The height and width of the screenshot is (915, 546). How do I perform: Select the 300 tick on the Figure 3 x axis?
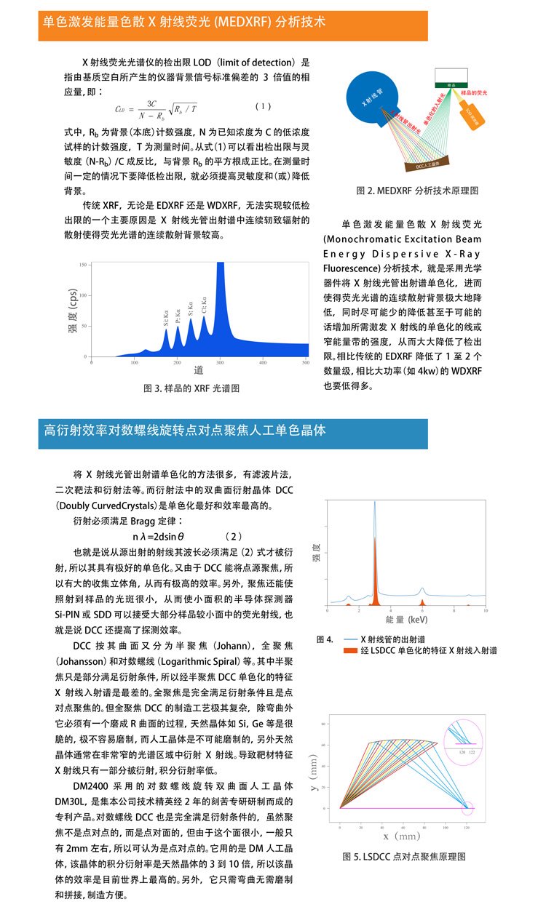click(221, 361)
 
